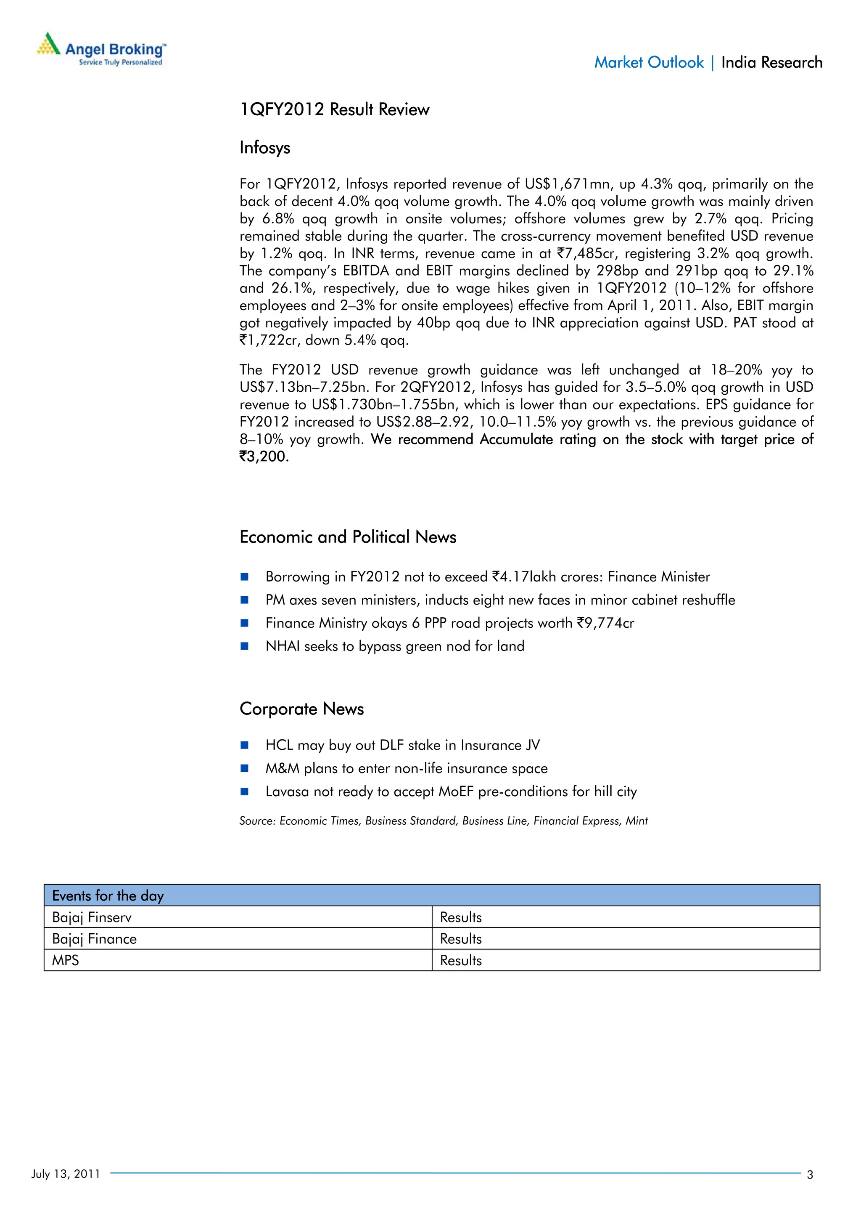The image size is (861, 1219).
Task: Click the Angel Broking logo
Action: click(101, 49)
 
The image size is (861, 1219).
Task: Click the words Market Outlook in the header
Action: click(648, 63)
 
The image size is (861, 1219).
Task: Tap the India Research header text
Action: click(771, 63)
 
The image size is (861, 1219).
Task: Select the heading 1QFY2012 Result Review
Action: click(334, 109)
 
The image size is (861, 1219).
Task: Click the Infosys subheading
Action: click(265, 148)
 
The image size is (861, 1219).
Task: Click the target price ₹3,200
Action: click(264, 457)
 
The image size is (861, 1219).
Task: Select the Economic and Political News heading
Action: click(348, 537)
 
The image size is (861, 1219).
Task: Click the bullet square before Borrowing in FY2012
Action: click(245, 576)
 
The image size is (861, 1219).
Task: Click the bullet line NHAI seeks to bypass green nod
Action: click(395, 646)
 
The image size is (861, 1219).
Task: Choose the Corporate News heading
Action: click(301, 709)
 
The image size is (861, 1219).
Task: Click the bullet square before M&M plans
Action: click(245, 768)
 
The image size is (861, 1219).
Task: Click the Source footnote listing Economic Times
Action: click(443, 821)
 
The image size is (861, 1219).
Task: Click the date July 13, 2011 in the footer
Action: click(65, 1174)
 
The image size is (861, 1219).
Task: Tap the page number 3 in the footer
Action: click(810, 1175)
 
